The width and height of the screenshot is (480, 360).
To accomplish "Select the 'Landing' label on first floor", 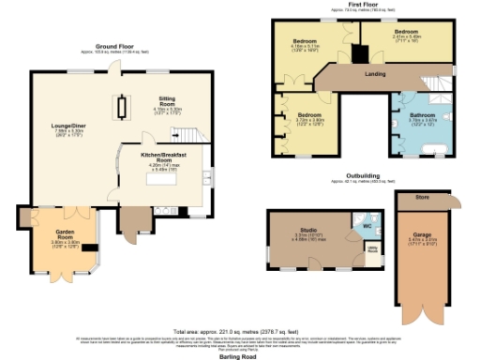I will point(378,73).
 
